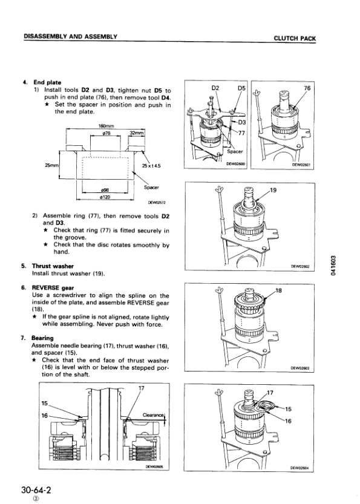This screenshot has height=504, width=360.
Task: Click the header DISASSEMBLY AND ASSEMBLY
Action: (70, 38)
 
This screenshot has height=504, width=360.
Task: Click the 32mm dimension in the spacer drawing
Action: (137, 133)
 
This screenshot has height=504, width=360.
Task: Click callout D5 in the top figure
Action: (240, 88)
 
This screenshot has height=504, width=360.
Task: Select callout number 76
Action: (307, 88)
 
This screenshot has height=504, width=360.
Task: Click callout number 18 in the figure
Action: (278, 291)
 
